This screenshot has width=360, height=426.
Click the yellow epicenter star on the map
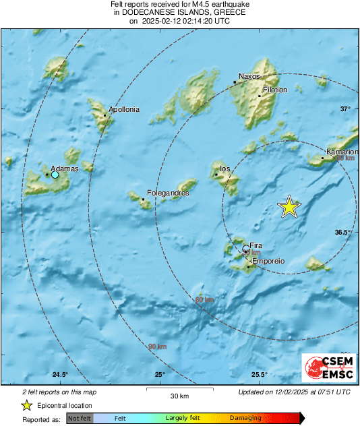[289, 207]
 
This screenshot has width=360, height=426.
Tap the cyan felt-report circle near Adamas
[55, 175]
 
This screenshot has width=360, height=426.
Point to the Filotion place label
[275, 90]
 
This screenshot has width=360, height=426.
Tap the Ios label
[226, 169]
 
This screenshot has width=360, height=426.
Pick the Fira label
[256, 246]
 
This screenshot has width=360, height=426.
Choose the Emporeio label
[268, 262]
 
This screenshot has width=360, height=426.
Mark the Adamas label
[65, 169]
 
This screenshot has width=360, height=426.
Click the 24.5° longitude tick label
[60, 375]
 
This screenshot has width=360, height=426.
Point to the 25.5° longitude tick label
[260, 375]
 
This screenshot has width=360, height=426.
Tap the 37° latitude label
[345, 109]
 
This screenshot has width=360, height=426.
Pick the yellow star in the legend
[27, 406]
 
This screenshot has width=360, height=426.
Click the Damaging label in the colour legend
[245, 418]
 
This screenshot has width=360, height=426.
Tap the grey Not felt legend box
[80, 418]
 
